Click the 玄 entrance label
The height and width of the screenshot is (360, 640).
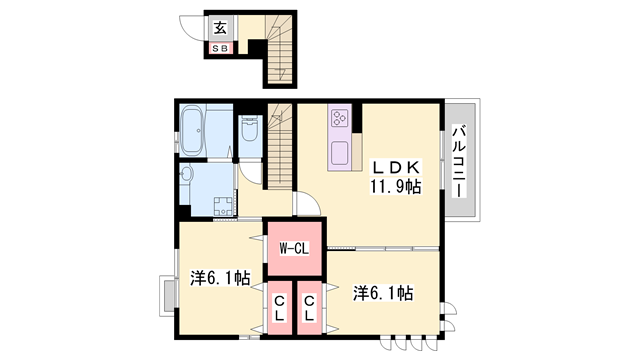pyautogui.click(x=219, y=28)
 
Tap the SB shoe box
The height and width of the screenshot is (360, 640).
pyautogui.click(x=220, y=47)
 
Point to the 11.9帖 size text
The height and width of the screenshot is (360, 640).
pyautogui.click(x=398, y=185)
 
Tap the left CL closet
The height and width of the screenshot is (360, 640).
pyautogui.click(x=279, y=307)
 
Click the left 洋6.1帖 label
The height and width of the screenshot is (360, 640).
pyautogui.click(x=220, y=279)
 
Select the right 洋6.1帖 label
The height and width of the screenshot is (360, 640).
pyautogui.click(x=382, y=293)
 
